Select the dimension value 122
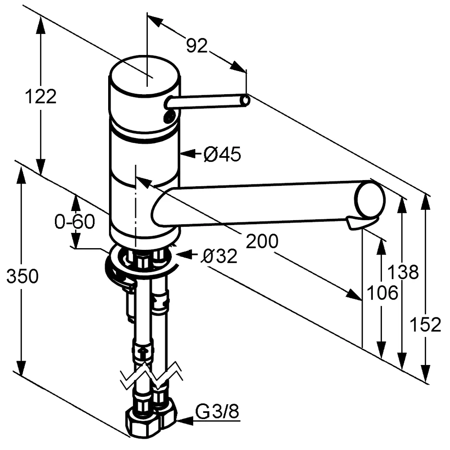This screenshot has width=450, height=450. tap(40, 96)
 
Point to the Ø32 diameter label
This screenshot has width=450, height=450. tap(219, 256)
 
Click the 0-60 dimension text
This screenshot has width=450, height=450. tap(74, 222)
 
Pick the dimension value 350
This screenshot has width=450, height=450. tap(22, 276)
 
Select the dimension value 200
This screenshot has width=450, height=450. tap(262, 241)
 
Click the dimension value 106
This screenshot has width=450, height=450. tap(382, 293)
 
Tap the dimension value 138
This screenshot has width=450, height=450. tap(403, 273)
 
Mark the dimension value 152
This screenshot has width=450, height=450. tap(426, 325)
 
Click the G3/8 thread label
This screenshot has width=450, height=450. tap(218, 411)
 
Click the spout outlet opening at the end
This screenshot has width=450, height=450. tap(370, 200)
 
